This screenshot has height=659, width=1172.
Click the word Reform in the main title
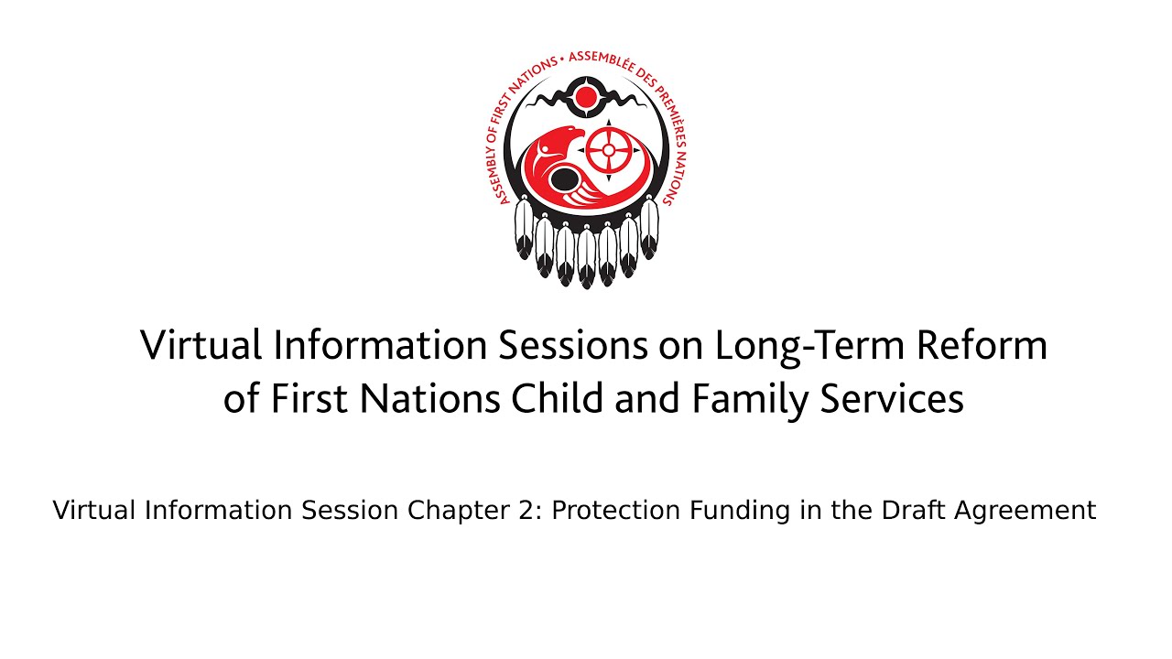pos(982,346)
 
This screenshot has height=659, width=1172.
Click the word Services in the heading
pos(892,398)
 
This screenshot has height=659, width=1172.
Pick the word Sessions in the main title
pos(572,346)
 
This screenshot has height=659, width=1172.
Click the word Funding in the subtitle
pos(739,511)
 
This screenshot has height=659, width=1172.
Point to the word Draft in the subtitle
pos(914,511)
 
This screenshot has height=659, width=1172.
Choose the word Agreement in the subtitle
pos(1025,512)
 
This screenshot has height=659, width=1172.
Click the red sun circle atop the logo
pos(586,97)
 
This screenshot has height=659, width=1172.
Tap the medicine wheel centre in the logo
pos(608,150)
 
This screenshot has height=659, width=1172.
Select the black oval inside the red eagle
pos(563,179)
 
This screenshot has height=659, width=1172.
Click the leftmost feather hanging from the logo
pos(524,228)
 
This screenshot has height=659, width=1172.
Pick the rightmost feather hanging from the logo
pos(649,228)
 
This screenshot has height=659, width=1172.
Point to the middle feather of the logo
pos(587,257)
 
